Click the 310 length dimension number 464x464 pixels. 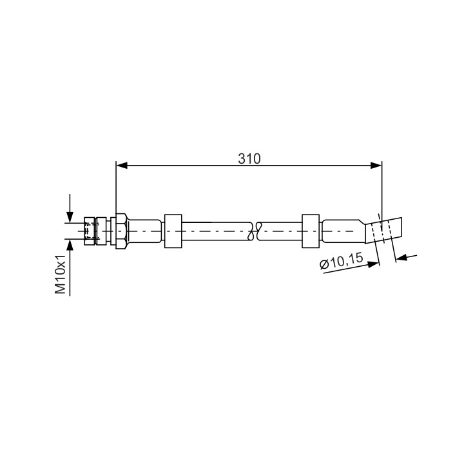249,159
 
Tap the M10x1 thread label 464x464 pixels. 61,274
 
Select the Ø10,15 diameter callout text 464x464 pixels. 341,261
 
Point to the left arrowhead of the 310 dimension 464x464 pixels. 122,166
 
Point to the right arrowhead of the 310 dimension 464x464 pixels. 376,166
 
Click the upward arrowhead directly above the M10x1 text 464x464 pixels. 70,244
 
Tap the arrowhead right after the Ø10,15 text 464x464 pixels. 373,264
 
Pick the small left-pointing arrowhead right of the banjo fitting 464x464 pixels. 401,258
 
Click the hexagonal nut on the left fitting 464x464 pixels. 121,231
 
